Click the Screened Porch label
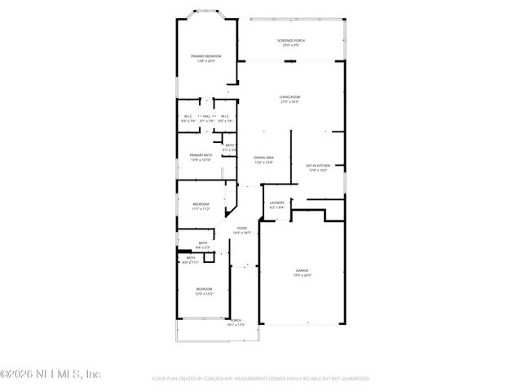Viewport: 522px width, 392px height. [x=290, y=40]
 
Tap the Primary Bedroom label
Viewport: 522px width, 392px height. [x=206, y=56]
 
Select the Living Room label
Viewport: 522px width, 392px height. [x=290, y=96]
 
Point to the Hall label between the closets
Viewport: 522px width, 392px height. [x=207, y=116]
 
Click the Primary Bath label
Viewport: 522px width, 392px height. [x=201, y=154]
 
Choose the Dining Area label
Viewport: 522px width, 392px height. [x=263, y=157]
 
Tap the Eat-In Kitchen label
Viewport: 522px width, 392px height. [x=317, y=165]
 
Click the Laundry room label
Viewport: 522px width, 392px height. [x=277, y=203]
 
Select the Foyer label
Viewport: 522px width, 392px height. [x=242, y=228]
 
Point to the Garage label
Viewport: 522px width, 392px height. [x=302, y=270]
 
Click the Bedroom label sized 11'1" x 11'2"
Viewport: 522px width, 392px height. [x=201, y=203]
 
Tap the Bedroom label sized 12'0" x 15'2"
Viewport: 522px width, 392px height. [x=204, y=288]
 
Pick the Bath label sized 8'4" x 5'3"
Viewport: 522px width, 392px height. [x=202, y=242]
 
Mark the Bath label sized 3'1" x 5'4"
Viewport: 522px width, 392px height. [x=230, y=145]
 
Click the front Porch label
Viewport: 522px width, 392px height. [x=236, y=320]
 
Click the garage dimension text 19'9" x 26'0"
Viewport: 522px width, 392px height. [x=302, y=275]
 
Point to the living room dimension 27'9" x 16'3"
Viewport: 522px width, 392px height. [x=290, y=101]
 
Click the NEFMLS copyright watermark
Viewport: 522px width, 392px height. [x=51, y=374]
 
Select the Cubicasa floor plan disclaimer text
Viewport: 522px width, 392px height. [x=261, y=379]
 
